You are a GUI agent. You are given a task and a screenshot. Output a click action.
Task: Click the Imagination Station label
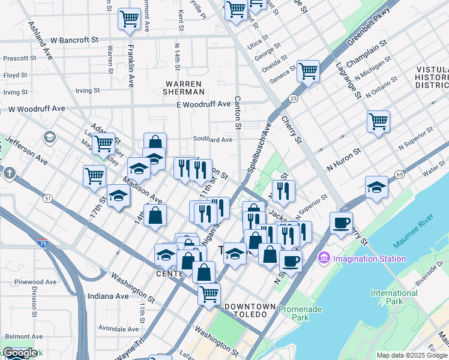pos(369,259)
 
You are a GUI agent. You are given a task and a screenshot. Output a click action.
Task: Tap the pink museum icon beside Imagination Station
pos(324,259)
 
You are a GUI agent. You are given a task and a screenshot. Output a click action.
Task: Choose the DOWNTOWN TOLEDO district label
pos(250,307)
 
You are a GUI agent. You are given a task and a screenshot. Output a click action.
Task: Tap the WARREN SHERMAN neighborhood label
pos(183,87)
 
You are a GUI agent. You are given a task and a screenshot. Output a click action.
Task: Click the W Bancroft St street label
pos(74,40)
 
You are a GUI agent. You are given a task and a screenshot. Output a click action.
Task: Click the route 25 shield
pos(293,98)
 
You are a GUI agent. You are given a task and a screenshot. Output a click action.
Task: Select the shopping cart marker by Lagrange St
pos(378,122)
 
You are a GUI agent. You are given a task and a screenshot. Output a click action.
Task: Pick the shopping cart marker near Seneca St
pos(308,72)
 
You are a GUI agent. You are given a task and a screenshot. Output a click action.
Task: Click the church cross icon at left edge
pos(9,174)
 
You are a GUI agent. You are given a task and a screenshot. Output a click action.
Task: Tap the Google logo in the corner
pos(19,353)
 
